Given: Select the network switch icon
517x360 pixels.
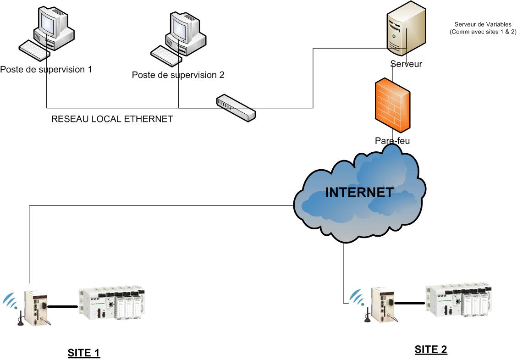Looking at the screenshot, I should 236,107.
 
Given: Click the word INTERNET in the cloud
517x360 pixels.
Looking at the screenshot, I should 359,192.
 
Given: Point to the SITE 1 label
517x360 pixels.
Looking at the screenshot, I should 84,353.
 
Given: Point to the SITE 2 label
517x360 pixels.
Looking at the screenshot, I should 430,349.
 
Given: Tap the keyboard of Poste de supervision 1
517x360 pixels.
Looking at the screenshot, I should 34,50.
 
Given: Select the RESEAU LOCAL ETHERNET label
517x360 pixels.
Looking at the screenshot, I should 112,119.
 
